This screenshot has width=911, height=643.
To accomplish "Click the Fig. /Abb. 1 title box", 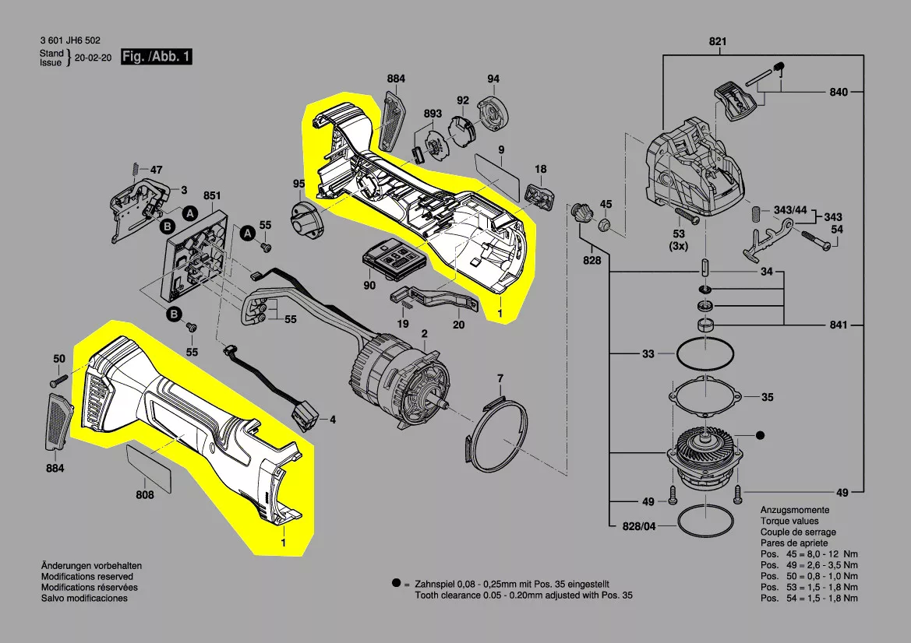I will [x=156, y=57].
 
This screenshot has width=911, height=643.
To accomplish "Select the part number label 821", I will [x=717, y=41].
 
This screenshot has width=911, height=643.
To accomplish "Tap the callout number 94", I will [x=493, y=79].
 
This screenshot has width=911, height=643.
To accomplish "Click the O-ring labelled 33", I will [x=706, y=356].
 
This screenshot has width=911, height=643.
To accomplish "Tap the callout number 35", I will [x=767, y=397].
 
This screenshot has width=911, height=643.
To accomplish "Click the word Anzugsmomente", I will [x=795, y=511].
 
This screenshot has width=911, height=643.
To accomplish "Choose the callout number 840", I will [x=838, y=93].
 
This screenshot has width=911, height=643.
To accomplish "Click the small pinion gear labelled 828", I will [x=581, y=213].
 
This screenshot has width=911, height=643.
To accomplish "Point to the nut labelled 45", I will [x=603, y=227].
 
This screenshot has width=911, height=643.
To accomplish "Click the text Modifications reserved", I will [x=85, y=577].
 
